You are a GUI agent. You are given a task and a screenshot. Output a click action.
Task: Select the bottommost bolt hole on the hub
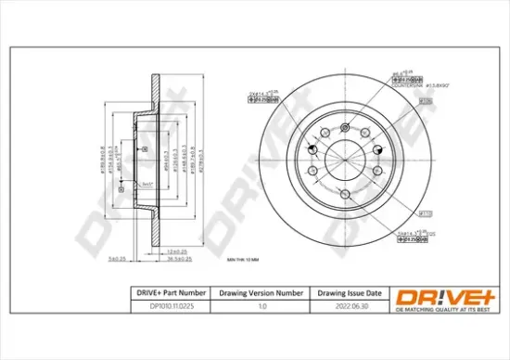click(345, 193)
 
